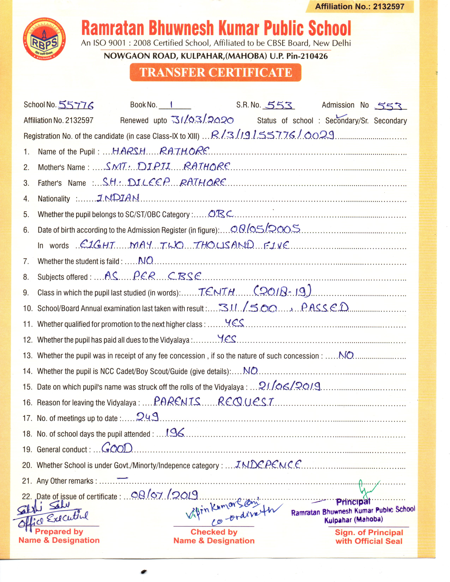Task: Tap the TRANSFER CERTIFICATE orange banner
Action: point(215,72)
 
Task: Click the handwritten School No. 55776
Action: point(76,105)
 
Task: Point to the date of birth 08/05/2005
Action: point(265,229)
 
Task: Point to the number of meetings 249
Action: point(147,417)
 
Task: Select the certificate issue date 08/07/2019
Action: point(164,495)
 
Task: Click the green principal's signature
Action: point(368,489)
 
